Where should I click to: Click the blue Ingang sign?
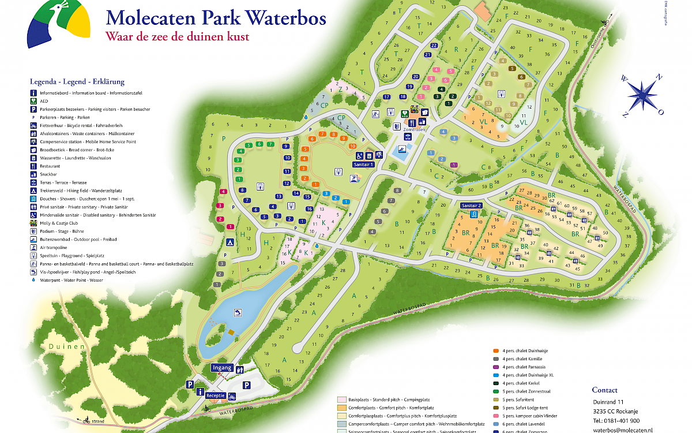coord(222,368)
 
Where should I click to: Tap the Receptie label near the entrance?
coord(216,395)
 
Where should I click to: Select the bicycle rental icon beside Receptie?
coord(232,396)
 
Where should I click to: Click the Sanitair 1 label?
coord(363,164)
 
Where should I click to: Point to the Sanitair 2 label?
coord(471,205)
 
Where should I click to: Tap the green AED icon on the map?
coord(404,114)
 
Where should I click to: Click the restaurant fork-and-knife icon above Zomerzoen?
coord(412,122)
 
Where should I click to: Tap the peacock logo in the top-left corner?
coord(59,25)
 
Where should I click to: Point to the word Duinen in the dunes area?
coord(67,346)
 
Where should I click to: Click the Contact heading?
coord(604,390)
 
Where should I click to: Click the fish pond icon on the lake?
coord(238,313)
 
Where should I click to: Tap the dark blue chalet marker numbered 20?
coord(416,77)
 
